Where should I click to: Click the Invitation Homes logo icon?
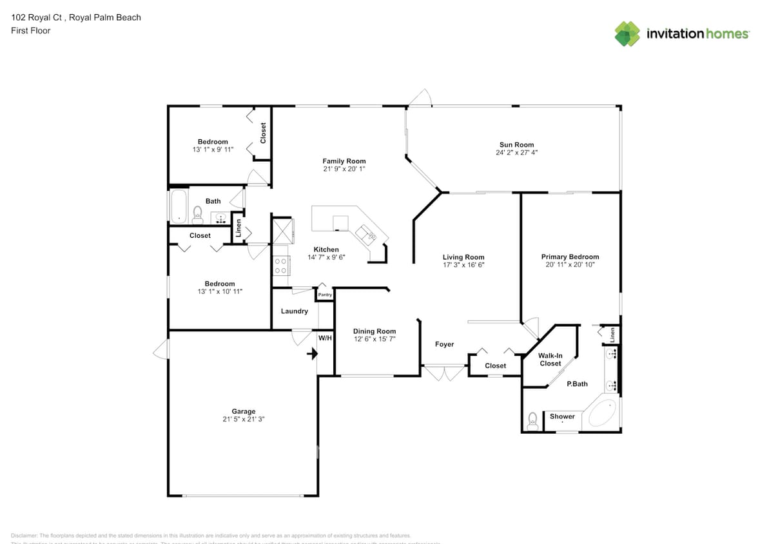coord(627,34)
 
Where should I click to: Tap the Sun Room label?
coord(516,145)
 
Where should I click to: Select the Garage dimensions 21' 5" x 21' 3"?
coord(243,419)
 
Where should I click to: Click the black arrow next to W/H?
coord(313,353)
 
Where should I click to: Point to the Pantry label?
coord(325,295)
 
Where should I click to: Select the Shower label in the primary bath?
coord(562,416)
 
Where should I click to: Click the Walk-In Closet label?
coord(550,359)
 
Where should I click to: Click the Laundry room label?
coord(294,311)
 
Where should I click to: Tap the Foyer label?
coord(444,344)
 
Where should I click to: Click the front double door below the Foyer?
coord(443,373)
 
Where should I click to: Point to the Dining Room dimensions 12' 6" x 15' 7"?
coord(374,339)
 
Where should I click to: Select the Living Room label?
coord(463,257)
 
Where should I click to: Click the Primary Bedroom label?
coord(570,257)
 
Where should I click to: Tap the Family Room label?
coord(344,161)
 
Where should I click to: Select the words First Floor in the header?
coord(31,30)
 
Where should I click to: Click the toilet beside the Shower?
coord(532,422)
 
